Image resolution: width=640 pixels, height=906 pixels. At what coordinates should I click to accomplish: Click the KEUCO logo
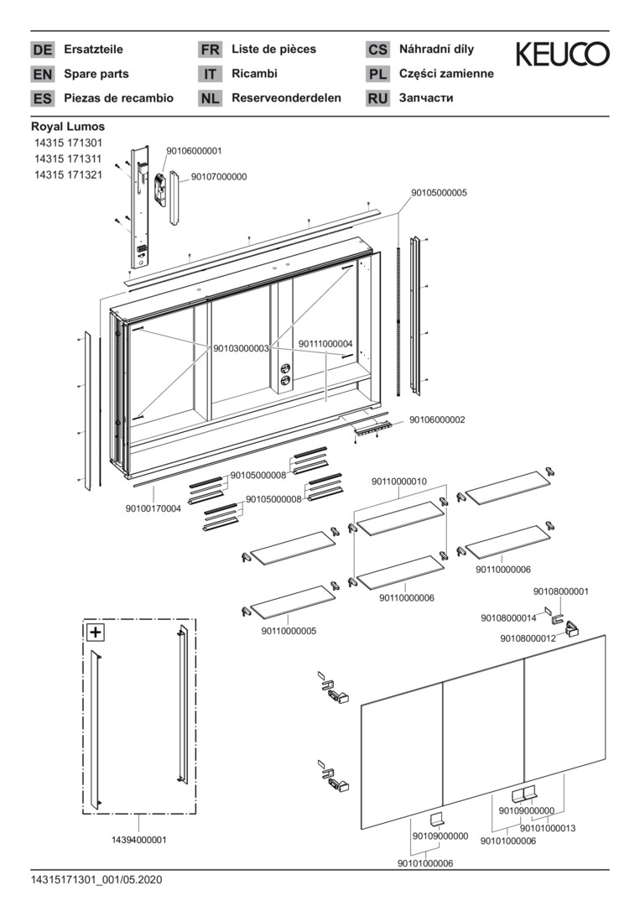click(x=562, y=55)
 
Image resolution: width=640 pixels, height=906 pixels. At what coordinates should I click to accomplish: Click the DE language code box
click(x=42, y=49)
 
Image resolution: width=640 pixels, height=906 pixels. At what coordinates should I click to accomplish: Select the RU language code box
click(x=377, y=98)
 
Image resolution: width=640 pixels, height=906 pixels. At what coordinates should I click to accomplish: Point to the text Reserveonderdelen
click(x=286, y=98)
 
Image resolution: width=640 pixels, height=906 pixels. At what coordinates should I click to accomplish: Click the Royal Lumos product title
click(x=68, y=127)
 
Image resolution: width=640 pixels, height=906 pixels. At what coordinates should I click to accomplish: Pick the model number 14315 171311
click(x=68, y=159)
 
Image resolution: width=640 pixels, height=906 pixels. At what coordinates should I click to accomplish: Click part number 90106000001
click(x=194, y=151)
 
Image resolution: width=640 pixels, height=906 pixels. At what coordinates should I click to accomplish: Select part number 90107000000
click(x=219, y=177)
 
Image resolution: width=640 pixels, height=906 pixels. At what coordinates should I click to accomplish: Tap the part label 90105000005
click(x=439, y=192)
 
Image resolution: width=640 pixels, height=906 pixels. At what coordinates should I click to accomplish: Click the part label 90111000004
click(x=325, y=343)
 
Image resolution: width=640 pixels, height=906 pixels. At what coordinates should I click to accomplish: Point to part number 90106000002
click(x=437, y=419)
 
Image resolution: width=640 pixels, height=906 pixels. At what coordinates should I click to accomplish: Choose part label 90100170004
click(x=153, y=508)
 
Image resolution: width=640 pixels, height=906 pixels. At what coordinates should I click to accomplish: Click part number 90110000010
click(x=399, y=482)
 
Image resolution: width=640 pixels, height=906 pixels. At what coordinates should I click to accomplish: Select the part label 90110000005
click(x=289, y=631)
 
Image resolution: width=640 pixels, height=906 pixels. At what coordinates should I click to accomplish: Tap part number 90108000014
click(x=508, y=617)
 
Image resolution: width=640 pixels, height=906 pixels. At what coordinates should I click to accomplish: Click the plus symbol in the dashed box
click(x=96, y=633)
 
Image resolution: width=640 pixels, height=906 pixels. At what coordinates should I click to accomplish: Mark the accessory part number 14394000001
click(x=139, y=839)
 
